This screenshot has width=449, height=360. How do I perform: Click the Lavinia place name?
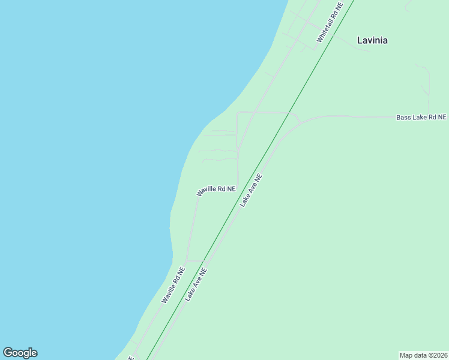click(x=372, y=40)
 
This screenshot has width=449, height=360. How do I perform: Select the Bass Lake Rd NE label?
click(x=421, y=117)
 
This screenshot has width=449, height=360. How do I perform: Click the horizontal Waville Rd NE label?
click(x=216, y=190)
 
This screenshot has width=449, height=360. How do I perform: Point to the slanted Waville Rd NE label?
click(x=173, y=285)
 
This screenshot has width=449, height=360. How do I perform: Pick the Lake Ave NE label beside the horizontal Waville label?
click(x=252, y=191)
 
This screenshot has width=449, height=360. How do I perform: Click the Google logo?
click(x=20, y=353)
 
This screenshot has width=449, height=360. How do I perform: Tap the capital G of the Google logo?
click(x=7, y=353)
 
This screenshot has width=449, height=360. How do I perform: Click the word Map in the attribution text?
click(x=406, y=355)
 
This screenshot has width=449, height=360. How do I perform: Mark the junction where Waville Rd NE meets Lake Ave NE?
click(x=204, y=261)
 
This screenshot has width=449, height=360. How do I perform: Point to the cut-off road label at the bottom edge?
click(x=131, y=358)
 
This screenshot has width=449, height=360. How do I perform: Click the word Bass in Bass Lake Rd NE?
click(x=403, y=117)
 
